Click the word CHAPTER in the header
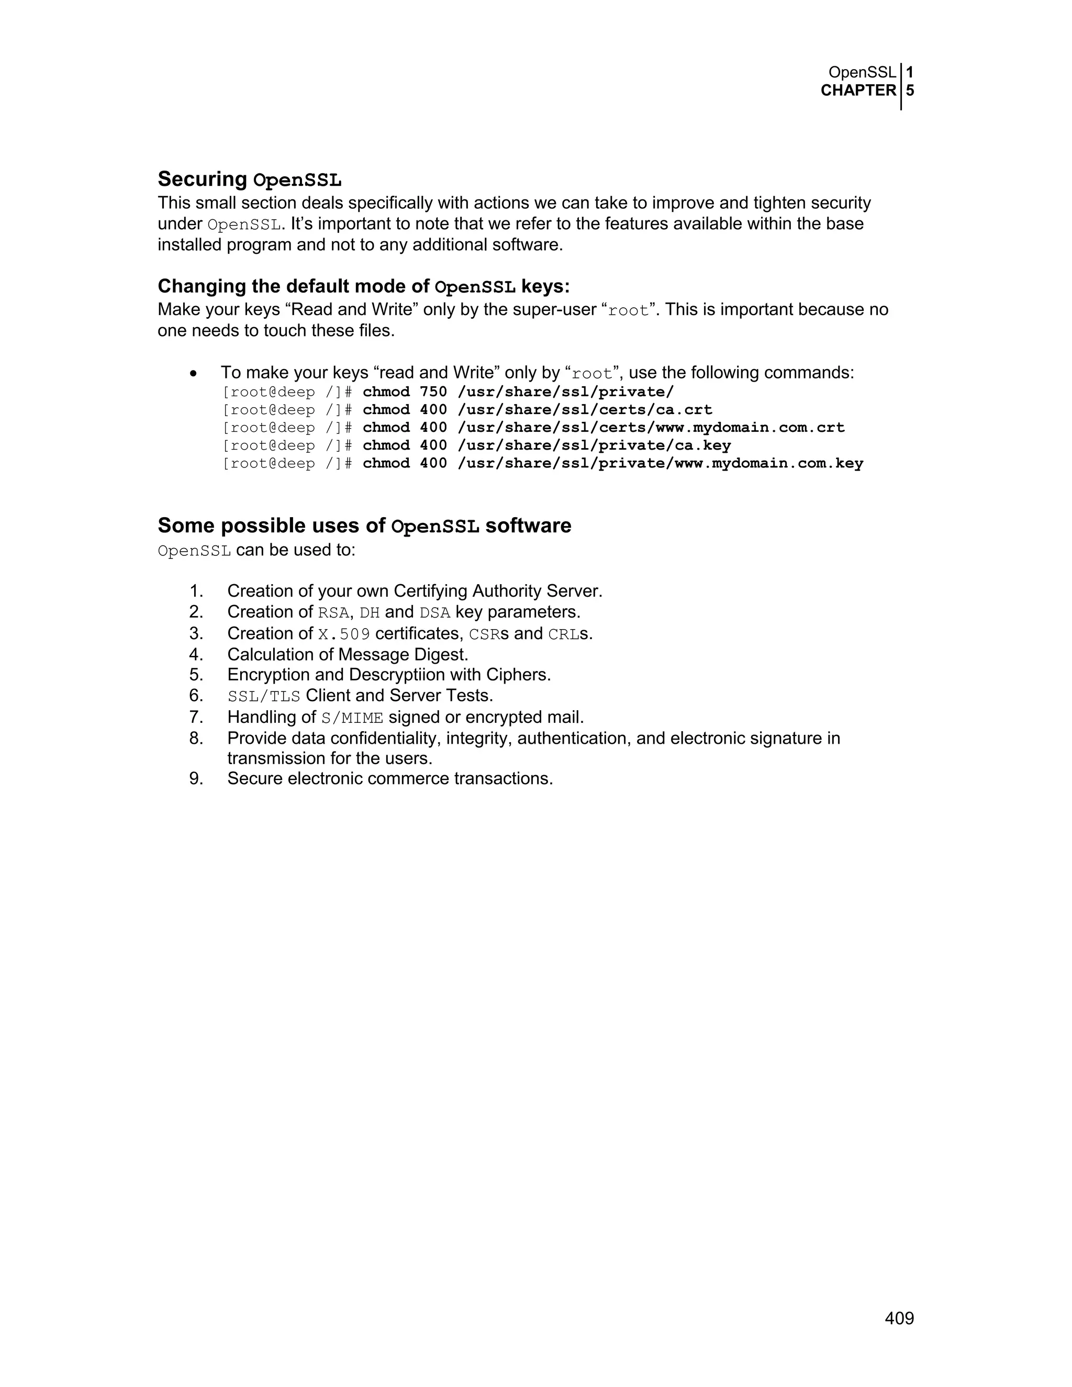click(x=858, y=91)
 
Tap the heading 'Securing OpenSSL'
click(x=250, y=180)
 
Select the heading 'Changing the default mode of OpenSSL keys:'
click(x=363, y=287)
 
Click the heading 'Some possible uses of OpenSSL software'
click(x=364, y=527)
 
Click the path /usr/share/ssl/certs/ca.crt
click(x=584, y=410)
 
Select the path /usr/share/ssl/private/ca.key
click(x=594, y=445)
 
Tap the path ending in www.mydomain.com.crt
click(x=651, y=428)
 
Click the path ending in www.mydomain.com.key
click(x=660, y=463)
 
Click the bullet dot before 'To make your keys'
click(x=194, y=373)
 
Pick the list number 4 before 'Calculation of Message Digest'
click(x=196, y=654)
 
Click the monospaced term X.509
click(x=343, y=634)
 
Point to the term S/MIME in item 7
click(x=352, y=718)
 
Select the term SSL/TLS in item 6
click(x=264, y=696)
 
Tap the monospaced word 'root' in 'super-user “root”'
click(x=628, y=310)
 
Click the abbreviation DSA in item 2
click(x=435, y=613)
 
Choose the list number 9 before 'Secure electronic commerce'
click(x=196, y=779)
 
